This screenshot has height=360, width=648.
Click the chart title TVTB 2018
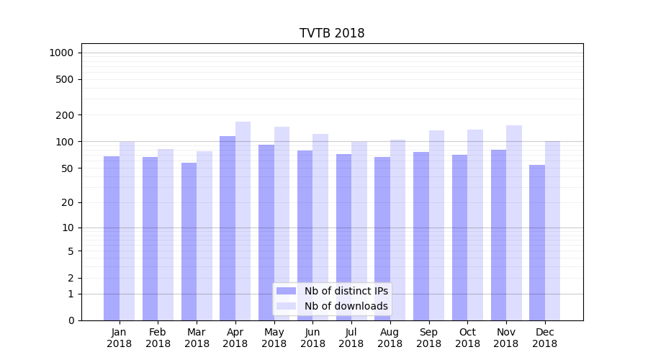pyautogui.click(x=332, y=34)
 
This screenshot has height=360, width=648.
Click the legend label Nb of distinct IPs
pyautogui.click(x=346, y=291)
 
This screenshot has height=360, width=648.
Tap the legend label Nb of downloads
pyautogui.click(x=346, y=306)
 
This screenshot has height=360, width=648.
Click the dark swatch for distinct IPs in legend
pyautogui.click(x=287, y=291)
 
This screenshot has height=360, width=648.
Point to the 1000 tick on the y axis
pyautogui.click(x=60, y=53)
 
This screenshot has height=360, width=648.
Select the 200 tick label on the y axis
pyautogui.click(x=65, y=115)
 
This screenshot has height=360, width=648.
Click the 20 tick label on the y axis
pyautogui.click(x=67, y=202)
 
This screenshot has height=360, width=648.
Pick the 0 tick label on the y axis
pyautogui.click(x=71, y=320)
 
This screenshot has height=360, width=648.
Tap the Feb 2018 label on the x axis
pyautogui.click(x=158, y=338)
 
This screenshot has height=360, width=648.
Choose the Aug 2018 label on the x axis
pyautogui.click(x=390, y=338)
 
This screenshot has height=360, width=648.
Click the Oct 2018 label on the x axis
pyautogui.click(x=467, y=338)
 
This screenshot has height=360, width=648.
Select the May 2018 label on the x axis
pyautogui.click(x=274, y=338)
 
